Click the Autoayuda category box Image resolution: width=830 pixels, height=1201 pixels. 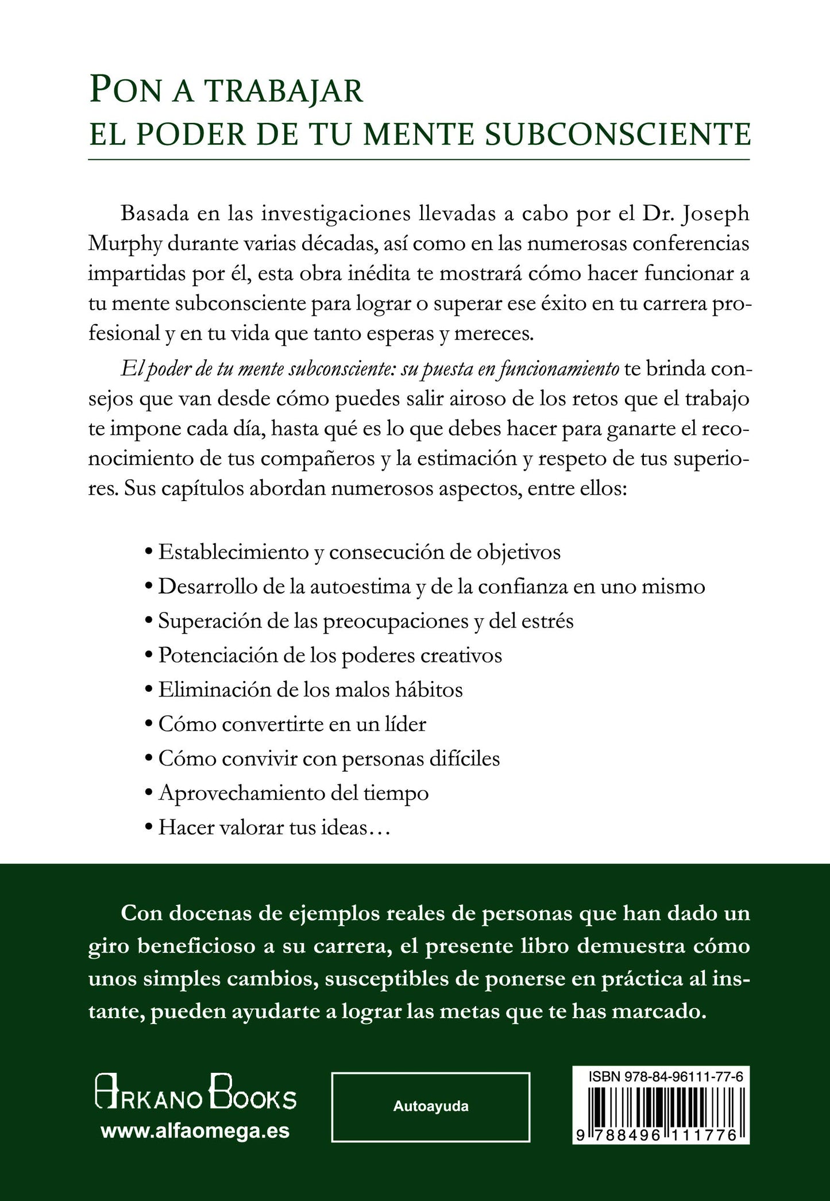(x=430, y=1106)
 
